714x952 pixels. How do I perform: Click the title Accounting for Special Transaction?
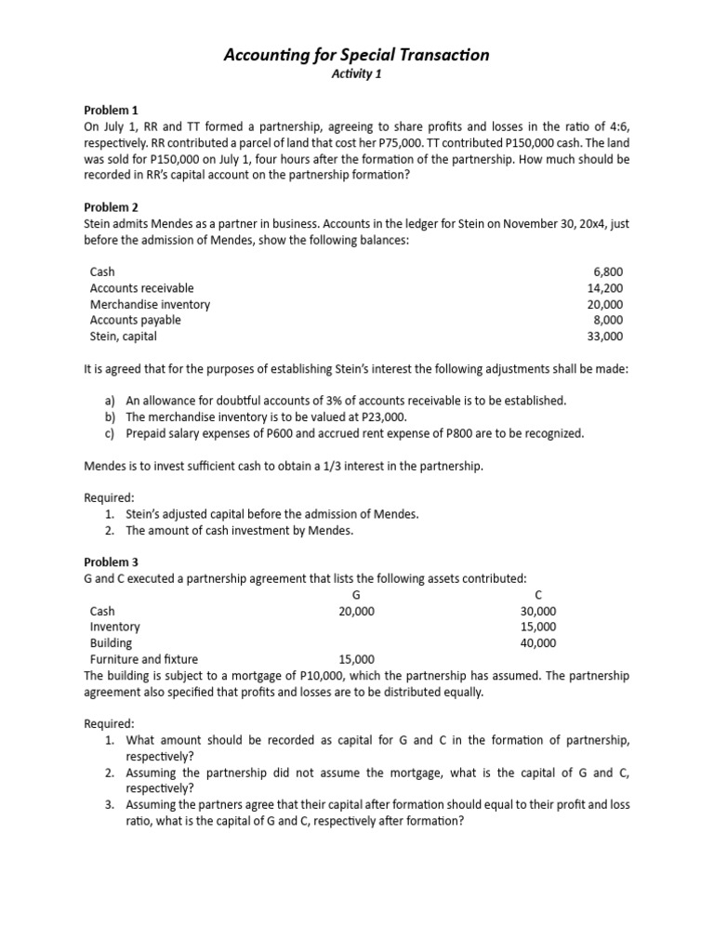click(357, 56)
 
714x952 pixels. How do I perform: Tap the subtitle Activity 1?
click(357, 75)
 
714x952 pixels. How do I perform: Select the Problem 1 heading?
click(111, 110)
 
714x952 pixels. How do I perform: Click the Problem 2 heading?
click(111, 207)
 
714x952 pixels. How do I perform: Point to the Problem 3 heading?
click(111, 562)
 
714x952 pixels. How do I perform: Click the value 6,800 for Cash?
click(607, 272)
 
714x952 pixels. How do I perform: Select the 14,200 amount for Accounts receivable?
click(605, 288)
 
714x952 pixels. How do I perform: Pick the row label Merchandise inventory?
click(150, 304)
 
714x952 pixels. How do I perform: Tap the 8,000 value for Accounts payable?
click(607, 320)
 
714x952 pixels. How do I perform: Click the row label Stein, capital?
click(123, 337)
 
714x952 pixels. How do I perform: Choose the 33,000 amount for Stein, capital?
click(605, 337)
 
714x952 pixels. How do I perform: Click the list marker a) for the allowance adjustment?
click(111, 401)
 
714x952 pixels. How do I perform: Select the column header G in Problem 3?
click(357, 595)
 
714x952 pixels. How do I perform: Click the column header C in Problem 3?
click(538, 595)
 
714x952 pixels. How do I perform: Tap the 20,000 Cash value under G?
click(357, 611)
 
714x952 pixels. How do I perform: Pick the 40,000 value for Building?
click(538, 642)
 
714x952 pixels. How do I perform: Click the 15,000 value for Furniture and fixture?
click(357, 659)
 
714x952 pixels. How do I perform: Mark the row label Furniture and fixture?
click(144, 659)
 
